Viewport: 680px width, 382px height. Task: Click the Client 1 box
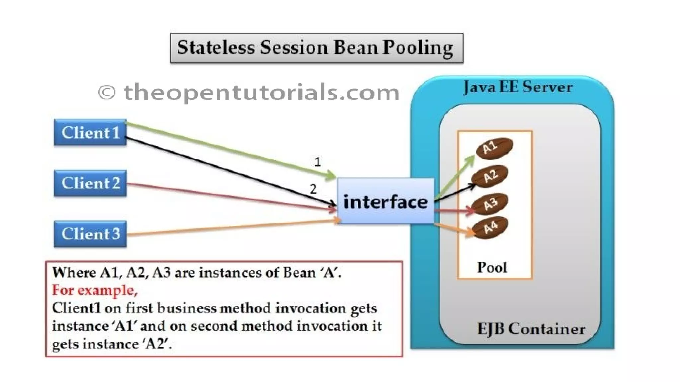[x=90, y=133]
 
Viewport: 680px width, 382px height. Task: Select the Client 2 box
[x=90, y=183]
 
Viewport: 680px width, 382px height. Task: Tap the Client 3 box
[x=90, y=234]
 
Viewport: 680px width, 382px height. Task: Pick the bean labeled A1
[x=494, y=148]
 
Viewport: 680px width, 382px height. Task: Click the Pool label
[x=492, y=267]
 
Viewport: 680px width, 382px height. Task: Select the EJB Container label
[x=531, y=329]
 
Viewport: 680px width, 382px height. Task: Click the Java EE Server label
[x=517, y=87]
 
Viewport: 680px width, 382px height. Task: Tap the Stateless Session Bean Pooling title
[x=316, y=48]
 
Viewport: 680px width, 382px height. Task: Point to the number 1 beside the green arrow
[x=318, y=162]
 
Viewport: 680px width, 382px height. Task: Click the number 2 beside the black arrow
[x=313, y=189]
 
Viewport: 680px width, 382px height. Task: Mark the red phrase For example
[x=95, y=290]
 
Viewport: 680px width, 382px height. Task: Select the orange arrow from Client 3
[x=232, y=227]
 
